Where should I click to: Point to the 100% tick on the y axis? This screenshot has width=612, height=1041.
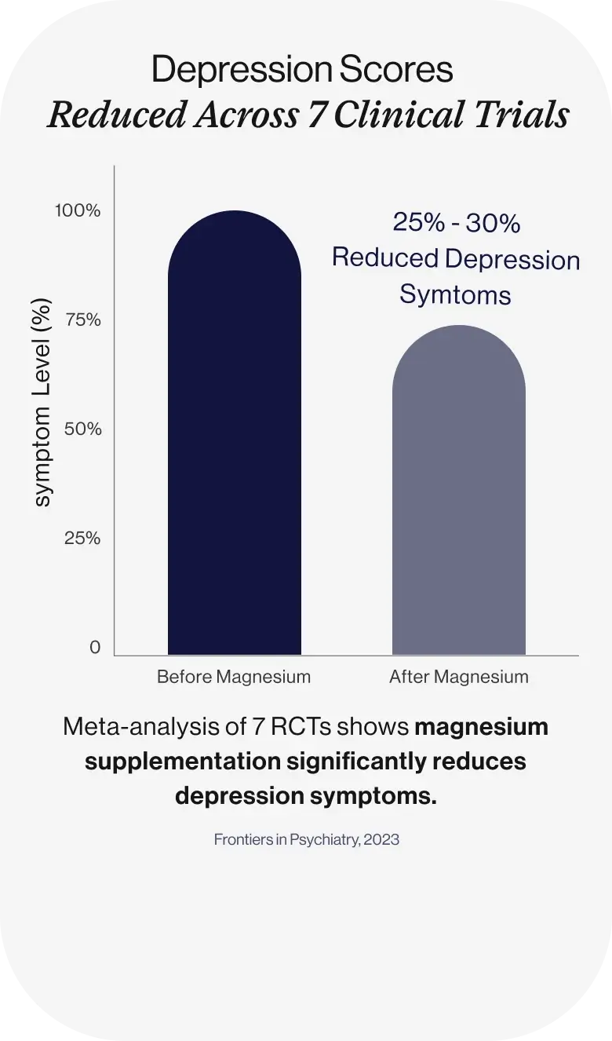point(77,210)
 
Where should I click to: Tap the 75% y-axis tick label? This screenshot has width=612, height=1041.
point(82,320)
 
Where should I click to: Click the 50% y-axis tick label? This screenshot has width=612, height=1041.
point(82,429)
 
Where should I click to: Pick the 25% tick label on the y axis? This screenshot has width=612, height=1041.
point(82,538)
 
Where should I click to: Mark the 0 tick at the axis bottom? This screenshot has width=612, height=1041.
point(95,647)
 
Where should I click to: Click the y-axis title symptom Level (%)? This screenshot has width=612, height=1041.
point(44,403)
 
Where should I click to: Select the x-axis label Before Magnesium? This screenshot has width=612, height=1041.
point(234,676)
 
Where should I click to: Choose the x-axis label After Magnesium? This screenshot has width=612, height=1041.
point(459,676)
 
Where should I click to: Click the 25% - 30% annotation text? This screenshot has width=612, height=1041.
point(456,224)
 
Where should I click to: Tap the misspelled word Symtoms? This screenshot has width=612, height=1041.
point(456,295)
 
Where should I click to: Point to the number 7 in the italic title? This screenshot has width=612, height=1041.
point(320,115)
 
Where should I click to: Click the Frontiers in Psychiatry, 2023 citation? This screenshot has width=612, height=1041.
point(306,839)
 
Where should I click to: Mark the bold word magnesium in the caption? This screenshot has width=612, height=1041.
point(481,727)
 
